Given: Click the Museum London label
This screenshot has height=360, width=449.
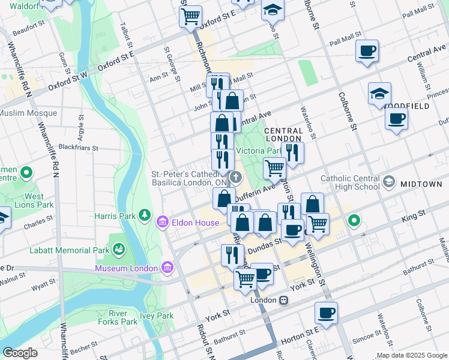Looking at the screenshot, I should point(127,267).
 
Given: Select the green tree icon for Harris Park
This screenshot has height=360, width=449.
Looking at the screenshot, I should point(144,215).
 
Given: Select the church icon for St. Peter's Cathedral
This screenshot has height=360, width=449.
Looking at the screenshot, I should point(236,178).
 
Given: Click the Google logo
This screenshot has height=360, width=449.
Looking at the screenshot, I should point(20,353).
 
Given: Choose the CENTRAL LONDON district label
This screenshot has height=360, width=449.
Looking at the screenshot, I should point(283,134).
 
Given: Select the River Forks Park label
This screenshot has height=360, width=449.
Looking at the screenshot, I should point(123,317).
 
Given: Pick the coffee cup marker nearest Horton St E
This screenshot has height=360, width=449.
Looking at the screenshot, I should point(326,313).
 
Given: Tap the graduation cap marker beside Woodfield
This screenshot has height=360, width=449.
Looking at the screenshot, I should point(380,94).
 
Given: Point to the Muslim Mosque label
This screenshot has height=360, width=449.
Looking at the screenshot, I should point(28,113).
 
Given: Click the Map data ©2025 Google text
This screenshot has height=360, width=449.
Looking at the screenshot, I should point(412,355).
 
